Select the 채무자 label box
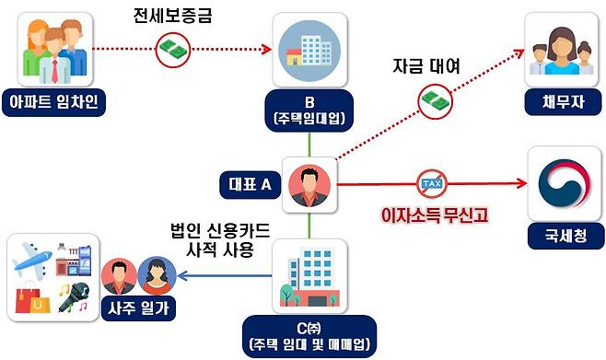(x=561, y=100)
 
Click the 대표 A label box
(x=251, y=184)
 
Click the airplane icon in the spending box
(x=33, y=259)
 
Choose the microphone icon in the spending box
(x=73, y=296)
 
